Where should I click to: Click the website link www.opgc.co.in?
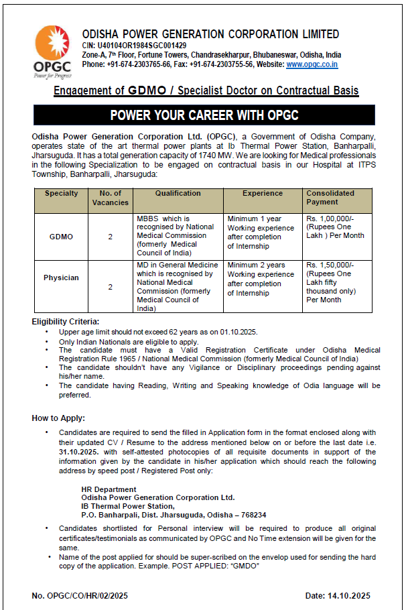pos(312,65)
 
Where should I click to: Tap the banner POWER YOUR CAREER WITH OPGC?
pos(204,115)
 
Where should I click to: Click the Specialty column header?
pos(61,194)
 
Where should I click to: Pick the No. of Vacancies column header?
pos(110,198)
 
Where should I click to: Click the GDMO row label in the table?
pos(61,237)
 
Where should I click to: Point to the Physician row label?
pos(61,278)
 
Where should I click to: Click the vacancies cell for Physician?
pos(110,287)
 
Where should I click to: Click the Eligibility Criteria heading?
pos(66,322)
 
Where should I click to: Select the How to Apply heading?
pos(58,418)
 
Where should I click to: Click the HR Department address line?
pos(109,489)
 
